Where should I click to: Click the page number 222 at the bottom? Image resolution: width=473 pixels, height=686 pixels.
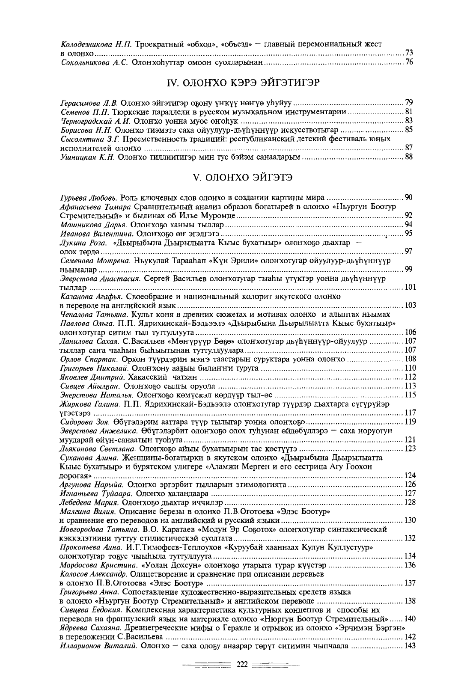243,665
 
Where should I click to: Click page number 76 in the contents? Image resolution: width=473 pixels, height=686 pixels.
409,63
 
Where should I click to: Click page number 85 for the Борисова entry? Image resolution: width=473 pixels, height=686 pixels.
409,130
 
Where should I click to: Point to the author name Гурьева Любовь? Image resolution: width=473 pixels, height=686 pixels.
89,198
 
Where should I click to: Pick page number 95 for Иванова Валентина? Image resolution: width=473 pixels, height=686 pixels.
409,233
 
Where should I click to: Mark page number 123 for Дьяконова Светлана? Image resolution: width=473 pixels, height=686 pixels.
410,448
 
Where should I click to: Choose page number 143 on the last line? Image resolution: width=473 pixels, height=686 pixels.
410,646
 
